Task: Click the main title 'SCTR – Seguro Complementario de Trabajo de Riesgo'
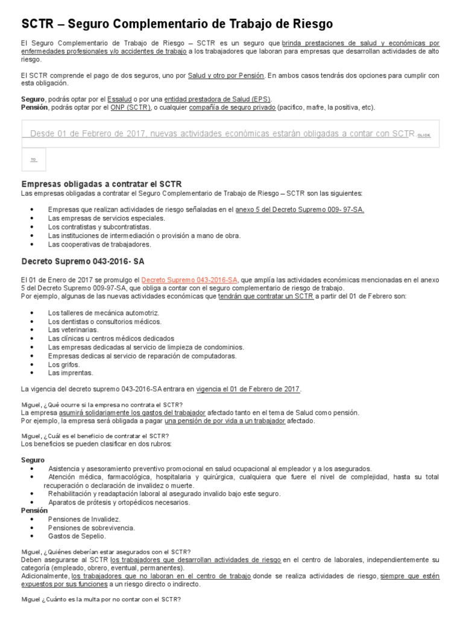coord(177,24)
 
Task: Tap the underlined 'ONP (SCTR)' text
coord(130,107)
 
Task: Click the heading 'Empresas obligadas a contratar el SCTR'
coord(101,183)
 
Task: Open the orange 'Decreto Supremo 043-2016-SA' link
coord(189,280)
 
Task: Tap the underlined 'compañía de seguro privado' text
coord(232,107)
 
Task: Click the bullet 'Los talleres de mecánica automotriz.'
coord(103,313)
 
